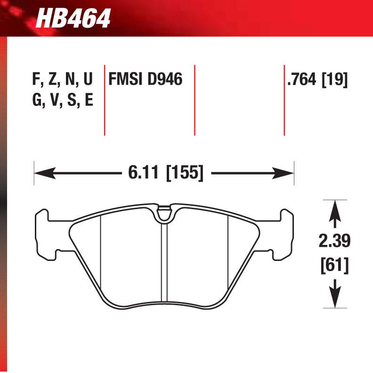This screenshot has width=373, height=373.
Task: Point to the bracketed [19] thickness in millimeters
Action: tap(334, 80)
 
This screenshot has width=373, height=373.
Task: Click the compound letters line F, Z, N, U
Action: tap(63, 80)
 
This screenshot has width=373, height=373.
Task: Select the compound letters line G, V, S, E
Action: tap(63, 100)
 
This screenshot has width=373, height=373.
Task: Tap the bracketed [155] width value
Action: tap(185, 173)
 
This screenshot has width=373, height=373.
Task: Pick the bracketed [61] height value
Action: tap(334, 265)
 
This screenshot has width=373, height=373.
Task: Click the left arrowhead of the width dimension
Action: tap(41, 173)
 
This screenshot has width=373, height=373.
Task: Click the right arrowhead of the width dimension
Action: tap(287, 173)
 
